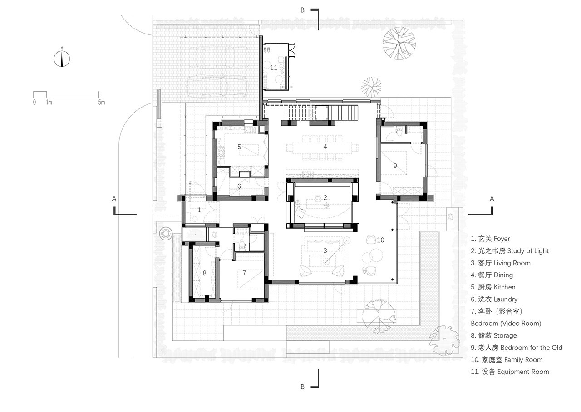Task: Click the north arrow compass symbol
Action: coord(62,59)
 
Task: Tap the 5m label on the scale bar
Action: coord(101,102)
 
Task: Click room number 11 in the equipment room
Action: coord(274,68)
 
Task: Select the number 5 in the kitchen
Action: coord(239,147)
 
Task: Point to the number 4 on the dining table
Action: coord(325,147)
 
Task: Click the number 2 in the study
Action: coord(325,197)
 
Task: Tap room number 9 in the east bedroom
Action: coord(395,165)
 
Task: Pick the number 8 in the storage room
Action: coord(204,273)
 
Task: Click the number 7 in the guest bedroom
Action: coord(244,273)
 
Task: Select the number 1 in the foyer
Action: coord(199,210)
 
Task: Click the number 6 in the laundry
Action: coord(239,186)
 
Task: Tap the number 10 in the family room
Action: coord(380,240)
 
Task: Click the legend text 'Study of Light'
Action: coord(528,251)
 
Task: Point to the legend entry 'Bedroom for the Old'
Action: coord(531,348)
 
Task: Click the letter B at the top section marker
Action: coord(302,10)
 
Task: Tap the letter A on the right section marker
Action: coord(492,199)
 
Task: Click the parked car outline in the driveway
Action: coord(218,86)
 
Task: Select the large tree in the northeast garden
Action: coord(399,43)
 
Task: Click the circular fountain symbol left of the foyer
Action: coord(165,233)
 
